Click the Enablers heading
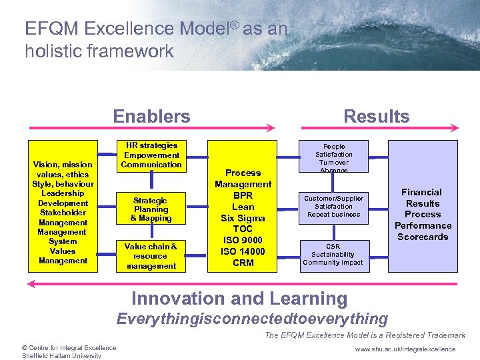(x=151, y=117)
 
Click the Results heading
(x=376, y=117)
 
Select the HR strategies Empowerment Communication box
(x=151, y=155)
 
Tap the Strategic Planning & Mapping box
(x=151, y=209)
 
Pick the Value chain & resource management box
(x=151, y=256)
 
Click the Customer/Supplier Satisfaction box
(x=333, y=207)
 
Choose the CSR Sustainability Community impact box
(x=333, y=255)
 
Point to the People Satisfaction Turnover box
(x=333, y=158)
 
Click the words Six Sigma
(x=243, y=218)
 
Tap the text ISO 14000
(x=243, y=251)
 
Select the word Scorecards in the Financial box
(x=423, y=237)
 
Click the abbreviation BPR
(x=243, y=195)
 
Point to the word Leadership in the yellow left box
(x=63, y=193)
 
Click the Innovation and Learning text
(x=239, y=299)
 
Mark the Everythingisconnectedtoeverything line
(x=252, y=319)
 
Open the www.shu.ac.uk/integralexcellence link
(x=405, y=349)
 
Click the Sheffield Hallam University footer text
(x=61, y=356)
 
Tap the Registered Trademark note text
(x=365, y=335)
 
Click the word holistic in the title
(x=51, y=51)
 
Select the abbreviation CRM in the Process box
(x=243, y=263)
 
